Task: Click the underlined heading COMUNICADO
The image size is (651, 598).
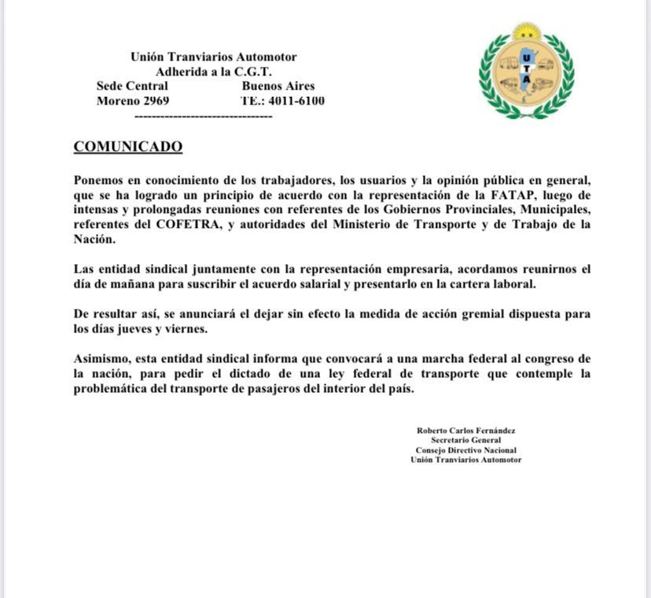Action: tap(127, 147)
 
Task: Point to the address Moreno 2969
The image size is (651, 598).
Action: tap(133, 101)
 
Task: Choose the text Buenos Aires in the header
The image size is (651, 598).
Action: tap(278, 86)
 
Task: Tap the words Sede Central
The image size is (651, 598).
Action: tap(132, 86)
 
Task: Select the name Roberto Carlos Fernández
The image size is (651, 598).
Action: tap(465, 431)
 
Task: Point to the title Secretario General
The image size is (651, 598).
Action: tap(465, 440)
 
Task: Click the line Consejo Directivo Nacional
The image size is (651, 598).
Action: tap(465, 450)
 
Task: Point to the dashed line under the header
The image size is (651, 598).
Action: tap(204, 116)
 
